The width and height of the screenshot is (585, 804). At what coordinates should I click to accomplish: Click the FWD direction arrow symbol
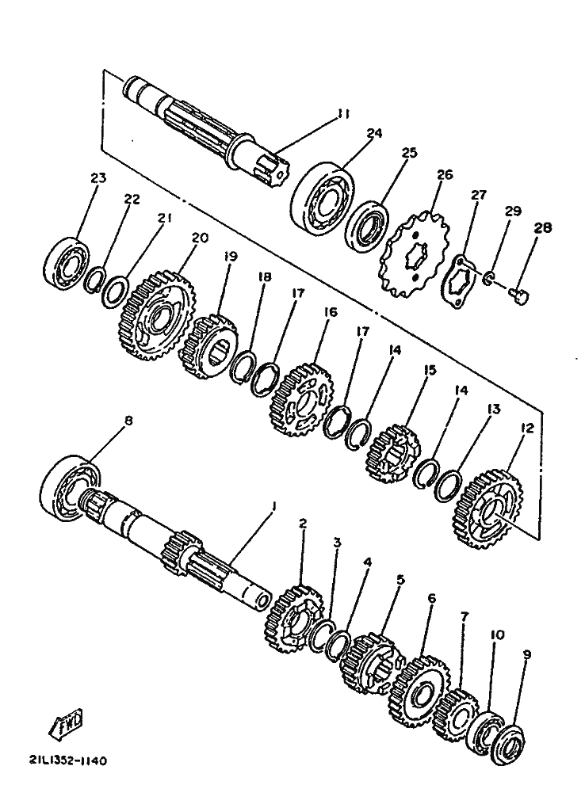click(x=65, y=723)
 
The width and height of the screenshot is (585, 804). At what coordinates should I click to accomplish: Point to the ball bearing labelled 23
click(x=66, y=260)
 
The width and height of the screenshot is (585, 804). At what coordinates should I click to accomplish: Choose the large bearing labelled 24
click(x=324, y=198)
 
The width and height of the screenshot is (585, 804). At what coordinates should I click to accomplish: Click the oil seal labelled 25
click(x=366, y=223)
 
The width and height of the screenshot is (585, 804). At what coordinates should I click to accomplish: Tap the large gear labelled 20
click(x=156, y=315)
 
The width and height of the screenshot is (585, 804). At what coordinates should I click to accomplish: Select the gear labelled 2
click(x=294, y=620)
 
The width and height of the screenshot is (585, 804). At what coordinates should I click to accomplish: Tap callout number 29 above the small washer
click(x=513, y=211)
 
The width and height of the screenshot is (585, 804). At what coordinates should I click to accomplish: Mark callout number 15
click(x=430, y=370)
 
